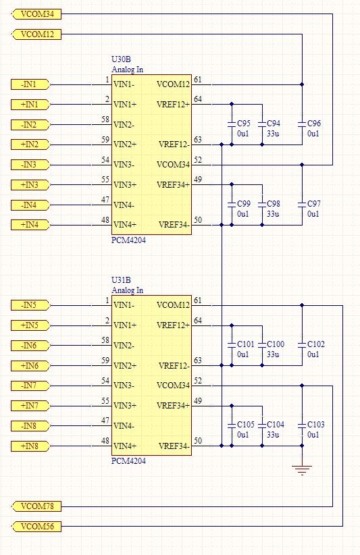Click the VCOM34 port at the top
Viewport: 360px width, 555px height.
coord(36,14)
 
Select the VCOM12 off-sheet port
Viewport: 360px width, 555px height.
coord(36,34)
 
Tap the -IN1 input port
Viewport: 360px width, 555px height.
coord(30,84)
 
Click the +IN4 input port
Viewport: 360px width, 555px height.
coord(30,225)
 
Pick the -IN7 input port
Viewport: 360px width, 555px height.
coord(30,386)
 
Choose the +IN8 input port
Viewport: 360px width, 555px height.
coord(30,446)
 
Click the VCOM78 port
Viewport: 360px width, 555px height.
coord(36,506)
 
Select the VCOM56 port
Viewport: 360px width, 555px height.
coord(36,527)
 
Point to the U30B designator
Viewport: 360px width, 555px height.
coord(121,59)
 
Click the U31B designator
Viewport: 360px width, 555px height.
coord(121,280)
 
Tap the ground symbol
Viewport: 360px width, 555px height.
coord(302,471)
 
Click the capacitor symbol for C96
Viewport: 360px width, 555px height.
coord(302,124)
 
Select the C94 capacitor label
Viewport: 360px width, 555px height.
coord(274,124)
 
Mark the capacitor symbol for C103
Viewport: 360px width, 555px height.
coord(302,425)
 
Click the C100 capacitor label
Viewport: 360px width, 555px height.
coord(276,344)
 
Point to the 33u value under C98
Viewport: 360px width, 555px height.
coord(273,214)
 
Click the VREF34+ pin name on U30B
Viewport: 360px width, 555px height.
coord(173,185)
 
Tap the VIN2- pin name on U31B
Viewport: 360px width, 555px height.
coord(124,346)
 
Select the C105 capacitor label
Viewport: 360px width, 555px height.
coord(246,425)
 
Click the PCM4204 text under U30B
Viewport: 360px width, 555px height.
coord(128,240)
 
